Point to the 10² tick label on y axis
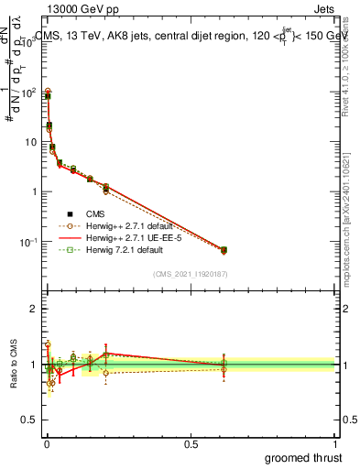coord(27,92)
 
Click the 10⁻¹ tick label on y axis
coord(27,242)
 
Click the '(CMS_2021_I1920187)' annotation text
coord(191,274)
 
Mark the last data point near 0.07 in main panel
coord(224,249)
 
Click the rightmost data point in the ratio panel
coord(224,365)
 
